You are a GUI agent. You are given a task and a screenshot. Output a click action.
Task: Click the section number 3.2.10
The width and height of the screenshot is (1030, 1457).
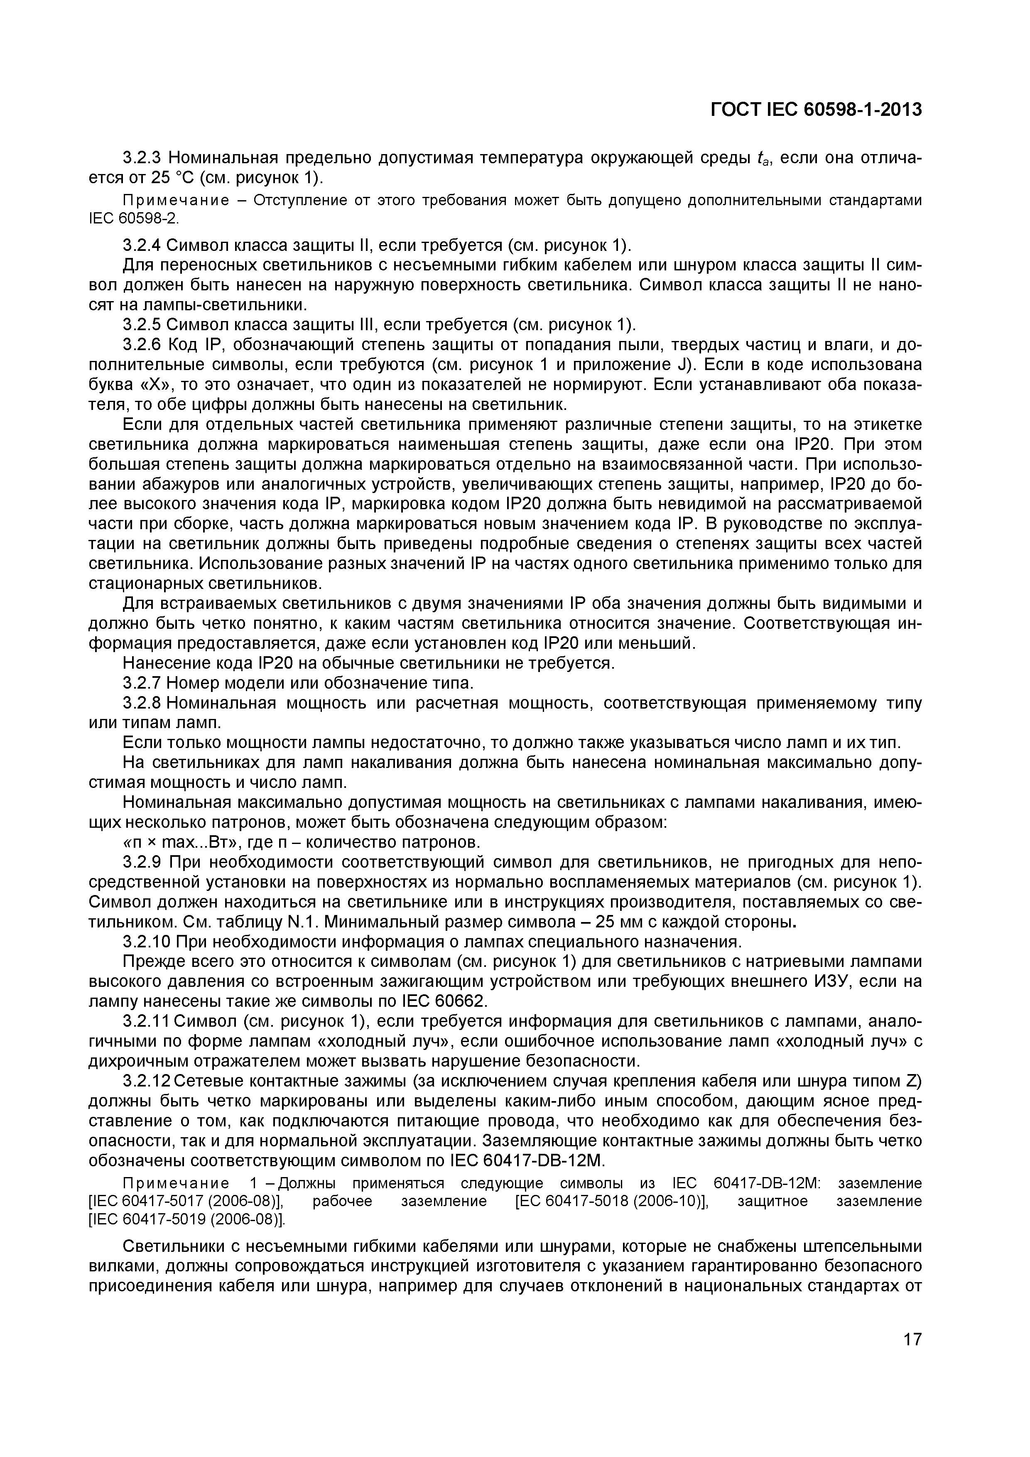[147, 942]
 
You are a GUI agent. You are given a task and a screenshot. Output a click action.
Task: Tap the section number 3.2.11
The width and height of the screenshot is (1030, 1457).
[147, 1021]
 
